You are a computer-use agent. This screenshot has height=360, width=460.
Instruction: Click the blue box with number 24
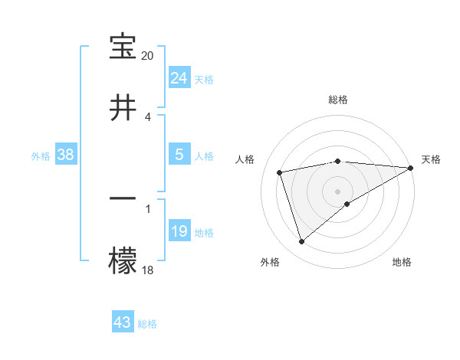click(x=179, y=77)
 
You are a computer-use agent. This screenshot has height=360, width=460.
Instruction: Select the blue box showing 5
click(x=179, y=155)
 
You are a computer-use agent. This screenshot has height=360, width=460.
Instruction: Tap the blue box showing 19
click(x=179, y=231)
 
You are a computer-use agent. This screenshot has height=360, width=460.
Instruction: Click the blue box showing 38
click(x=66, y=155)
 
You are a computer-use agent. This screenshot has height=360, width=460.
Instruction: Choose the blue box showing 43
click(x=123, y=322)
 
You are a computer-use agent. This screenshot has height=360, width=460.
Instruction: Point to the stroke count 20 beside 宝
click(x=148, y=56)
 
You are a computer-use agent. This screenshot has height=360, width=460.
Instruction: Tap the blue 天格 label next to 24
click(x=204, y=79)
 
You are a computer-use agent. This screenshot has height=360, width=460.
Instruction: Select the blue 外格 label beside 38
click(x=41, y=155)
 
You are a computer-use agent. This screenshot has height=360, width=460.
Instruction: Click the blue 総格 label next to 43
click(x=147, y=324)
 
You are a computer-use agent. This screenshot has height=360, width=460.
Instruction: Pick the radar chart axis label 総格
click(x=338, y=100)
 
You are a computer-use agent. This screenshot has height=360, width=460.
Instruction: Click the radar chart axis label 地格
click(x=402, y=262)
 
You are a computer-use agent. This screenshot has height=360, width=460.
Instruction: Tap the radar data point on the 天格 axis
click(x=412, y=169)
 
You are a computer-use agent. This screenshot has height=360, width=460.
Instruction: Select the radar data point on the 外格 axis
click(x=301, y=242)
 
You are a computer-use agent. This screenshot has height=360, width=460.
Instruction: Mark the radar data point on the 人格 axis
click(x=280, y=172)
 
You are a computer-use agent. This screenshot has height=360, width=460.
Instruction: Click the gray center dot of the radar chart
click(x=338, y=191)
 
